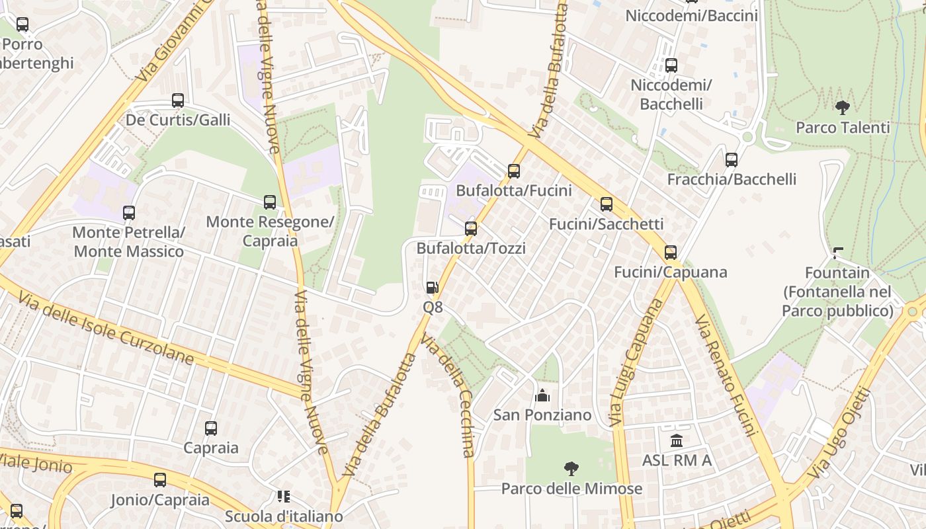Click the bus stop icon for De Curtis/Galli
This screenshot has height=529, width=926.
pyautogui.click(x=178, y=101)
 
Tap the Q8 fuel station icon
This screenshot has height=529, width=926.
pyautogui.click(x=432, y=288)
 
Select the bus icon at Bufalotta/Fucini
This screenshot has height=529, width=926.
pyautogui.click(x=514, y=171)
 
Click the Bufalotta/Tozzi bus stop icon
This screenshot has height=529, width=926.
pyautogui.click(x=471, y=229)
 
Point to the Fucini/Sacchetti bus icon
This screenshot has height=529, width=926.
pyautogui.click(x=607, y=204)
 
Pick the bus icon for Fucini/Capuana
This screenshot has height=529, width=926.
pyautogui.click(x=671, y=252)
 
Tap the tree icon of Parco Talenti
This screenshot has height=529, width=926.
pyautogui.click(x=842, y=107)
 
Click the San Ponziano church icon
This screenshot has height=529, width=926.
pyautogui.click(x=542, y=395)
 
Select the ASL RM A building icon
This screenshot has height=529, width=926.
pyautogui.click(x=677, y=440)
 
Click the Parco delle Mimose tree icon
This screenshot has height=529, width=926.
pyautogui.click(x=571, y=469)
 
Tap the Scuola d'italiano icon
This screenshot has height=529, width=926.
pyautogui.click(x=284, y=496)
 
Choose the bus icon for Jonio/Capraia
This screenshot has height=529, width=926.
pyautogui.click(x=160, y=480)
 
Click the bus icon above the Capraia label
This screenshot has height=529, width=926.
pyautogui.click(x=211, y=428)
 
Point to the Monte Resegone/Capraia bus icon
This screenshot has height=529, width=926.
pyautogui.click(x=270, y=202)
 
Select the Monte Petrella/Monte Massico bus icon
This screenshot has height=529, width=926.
pyautogui.click(x=129, y=213)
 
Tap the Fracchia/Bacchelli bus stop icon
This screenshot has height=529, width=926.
pyautogui.click(x=732, y=159)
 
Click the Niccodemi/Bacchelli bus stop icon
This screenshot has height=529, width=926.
pyautogui.click(x=671, y=65)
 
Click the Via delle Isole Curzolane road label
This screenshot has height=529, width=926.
pyautogui.click(x=106, y=329)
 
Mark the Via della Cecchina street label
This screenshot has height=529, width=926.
pyautogui.click(x=448, y=397)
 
